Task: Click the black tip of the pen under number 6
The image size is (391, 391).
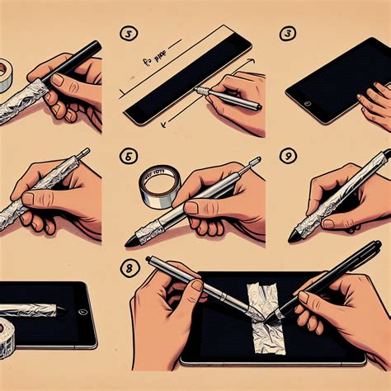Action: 133,242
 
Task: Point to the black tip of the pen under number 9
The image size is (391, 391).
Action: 294,237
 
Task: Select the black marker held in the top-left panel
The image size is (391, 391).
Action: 78,61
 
